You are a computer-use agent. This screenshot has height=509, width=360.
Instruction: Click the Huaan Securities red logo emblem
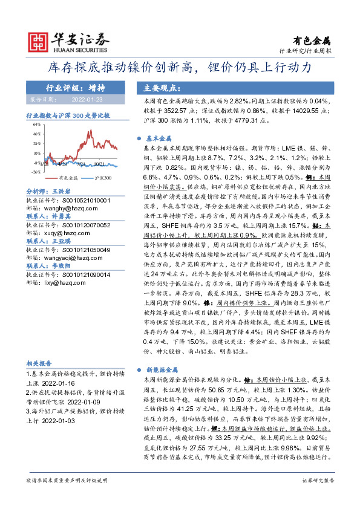click(x=38, y=40)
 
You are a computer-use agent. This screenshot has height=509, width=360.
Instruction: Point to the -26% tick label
click(x=36, y=172)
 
